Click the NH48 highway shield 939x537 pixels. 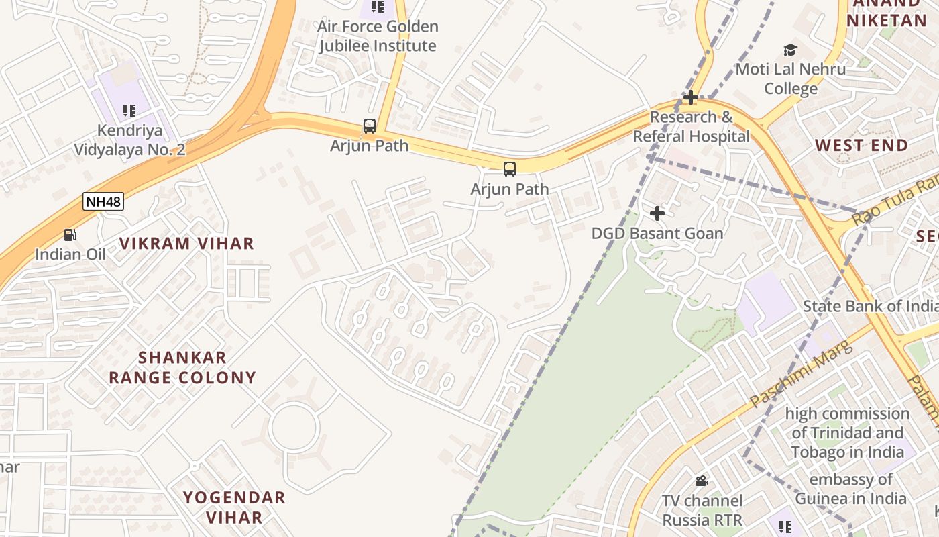click(x=103, y=201)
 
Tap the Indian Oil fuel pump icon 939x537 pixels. click(x=70, y=235)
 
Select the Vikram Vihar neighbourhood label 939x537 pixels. click(x=186, y=243)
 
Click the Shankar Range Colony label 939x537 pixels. click(x=182, y=367)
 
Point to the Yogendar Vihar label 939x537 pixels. click(x=234, y=507)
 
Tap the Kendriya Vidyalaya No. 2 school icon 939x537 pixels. click(x=129, y=111)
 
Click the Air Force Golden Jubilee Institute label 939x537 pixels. click(x=378, y=36)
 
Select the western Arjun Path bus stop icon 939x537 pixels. click(x=369, y=126)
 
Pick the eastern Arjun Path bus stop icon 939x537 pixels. click(x=510, y=169)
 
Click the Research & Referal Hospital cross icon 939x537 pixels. click(x=691, y=98)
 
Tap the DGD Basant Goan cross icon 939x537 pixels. click(x=657, y=213)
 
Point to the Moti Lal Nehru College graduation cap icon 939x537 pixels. click(x=790, y=50)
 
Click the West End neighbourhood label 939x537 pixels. click(x=861, y=145)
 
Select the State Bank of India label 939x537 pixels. click(x=871, y=306)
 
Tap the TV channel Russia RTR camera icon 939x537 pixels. click(x=702, y=481)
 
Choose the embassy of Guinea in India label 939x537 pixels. click(x=850, y=489)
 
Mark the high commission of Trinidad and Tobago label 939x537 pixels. click(x=847, y=432)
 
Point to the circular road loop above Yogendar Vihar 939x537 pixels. click(x=294, y=428)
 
